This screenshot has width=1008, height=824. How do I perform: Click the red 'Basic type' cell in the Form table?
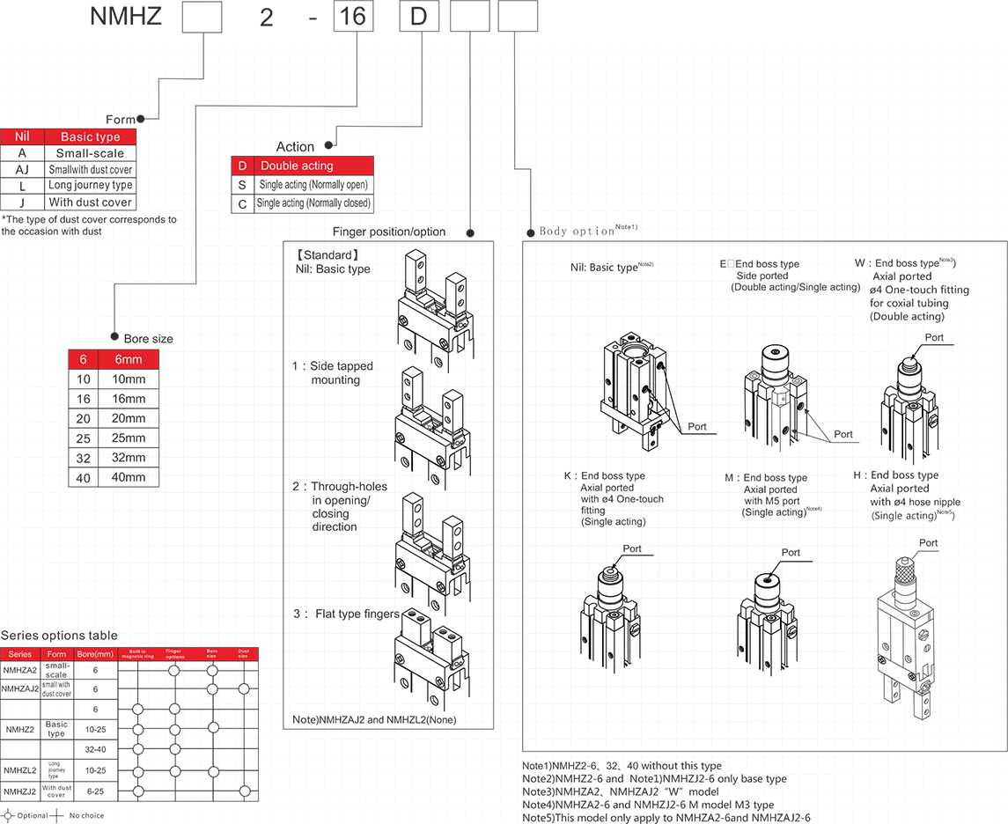click(90, 136)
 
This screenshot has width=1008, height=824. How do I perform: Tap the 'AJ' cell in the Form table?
click(22, 169)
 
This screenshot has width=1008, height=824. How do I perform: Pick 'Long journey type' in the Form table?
click(90, 186)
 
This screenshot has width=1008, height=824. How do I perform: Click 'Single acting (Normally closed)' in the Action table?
click(313, 202)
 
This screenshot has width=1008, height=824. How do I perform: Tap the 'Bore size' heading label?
click(148, 339)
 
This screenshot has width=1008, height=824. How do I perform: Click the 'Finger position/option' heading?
click(389, 232)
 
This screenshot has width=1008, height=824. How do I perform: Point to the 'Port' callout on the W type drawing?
click(934, 337)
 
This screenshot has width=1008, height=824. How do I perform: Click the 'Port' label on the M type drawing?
click(791, 552)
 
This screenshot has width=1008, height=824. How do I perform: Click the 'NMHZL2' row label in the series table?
click(19, 770)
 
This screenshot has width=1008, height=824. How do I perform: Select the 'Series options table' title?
click(58, 636)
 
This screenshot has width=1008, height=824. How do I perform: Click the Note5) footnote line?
click(666, 818)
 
